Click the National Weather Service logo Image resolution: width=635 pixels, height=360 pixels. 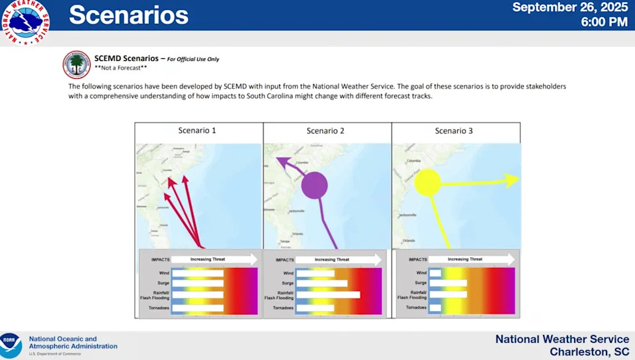27,22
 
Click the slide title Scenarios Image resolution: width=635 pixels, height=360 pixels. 128,15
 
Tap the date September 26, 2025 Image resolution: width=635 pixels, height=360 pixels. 570,7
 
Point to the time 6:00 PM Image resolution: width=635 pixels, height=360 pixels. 604,22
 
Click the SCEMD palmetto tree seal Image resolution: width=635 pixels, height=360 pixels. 77,64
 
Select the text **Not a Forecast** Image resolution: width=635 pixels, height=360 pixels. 120,67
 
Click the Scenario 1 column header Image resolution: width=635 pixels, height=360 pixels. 197,130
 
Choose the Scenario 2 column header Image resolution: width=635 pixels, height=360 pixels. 325,131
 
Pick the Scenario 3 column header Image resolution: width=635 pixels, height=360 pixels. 454,131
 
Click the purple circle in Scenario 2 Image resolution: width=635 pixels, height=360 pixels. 315,185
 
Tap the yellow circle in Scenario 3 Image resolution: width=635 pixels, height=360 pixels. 427,183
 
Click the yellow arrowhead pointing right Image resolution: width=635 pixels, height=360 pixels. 512,180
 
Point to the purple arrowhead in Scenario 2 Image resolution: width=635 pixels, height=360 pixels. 281,161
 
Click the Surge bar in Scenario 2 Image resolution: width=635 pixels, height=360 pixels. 322,283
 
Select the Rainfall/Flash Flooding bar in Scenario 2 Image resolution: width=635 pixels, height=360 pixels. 328,294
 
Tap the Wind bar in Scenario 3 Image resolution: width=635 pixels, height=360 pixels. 435,273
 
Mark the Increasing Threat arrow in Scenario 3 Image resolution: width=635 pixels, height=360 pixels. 472,259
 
